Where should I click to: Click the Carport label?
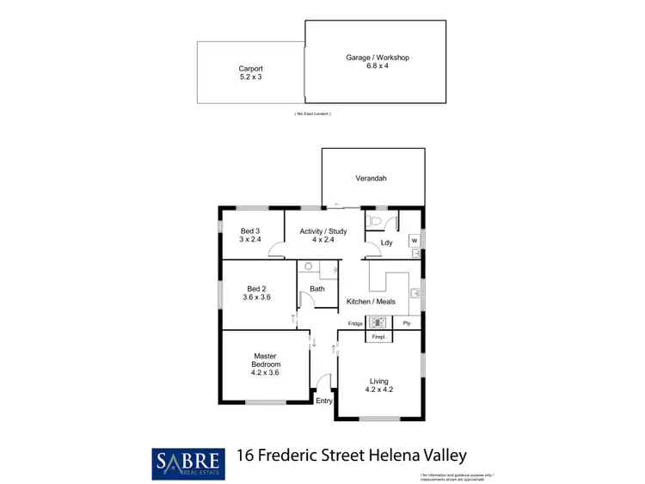pyautogui.click(x=250, y=69)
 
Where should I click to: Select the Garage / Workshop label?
pyautogui.click(x=378, y=58)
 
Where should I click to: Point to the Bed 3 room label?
pyautogui.click(x=249, y=230)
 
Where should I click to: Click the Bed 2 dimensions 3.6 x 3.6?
pyautogui.click(x=258, y=297)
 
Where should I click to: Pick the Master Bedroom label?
pyautogui.click(x=264, y=360)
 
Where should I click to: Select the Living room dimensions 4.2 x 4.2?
pyautogui.click(x=378, y=390)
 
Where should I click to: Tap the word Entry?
pyautogui.click(x=323, y=401)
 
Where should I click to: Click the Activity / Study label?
pyautogui.click(x=322, y=230)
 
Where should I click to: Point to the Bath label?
pyautogui.click(x=317, y=289)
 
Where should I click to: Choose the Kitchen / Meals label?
pyautogui.click(x=371, y=302)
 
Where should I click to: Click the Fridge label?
pyautogui.click(x=354, y=323)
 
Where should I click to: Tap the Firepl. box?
pyautogui.click(x=378, y=338)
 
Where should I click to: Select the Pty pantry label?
pyautogui.click(x=407, y=323)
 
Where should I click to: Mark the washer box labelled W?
pyautogui.click(x=414, y=240)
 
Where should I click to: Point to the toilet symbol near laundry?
pyautogui.click(x=372, y=222)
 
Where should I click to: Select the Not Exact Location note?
pyautogui.click(x=312, y=113)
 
